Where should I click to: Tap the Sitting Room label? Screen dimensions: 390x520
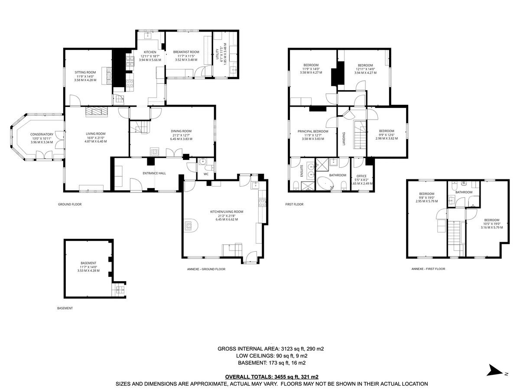pyautogui.click(x=85, y=72)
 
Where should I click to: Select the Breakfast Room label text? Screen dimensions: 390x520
pyautogui.click(x=186, y=52)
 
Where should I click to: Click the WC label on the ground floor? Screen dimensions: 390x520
pyautogui.click(x=206, y=174)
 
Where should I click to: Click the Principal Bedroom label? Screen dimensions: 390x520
pyautogui.click(x=313, y=131)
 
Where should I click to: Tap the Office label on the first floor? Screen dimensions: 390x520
pyautogui.click(x=361, y=176)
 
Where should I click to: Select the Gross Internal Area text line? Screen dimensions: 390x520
pyautogui.click(x=271, y=348)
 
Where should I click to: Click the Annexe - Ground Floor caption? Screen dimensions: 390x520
pyautogui.click(x=206, y=269)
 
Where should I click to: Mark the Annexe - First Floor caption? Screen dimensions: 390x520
pyautogui.click(x=428, y=269)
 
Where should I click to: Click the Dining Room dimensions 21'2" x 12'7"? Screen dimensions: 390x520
pyautogui.click(x=181, y=135)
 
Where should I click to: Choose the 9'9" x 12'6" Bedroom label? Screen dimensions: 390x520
pyautogui.click(x=387, y=135)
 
